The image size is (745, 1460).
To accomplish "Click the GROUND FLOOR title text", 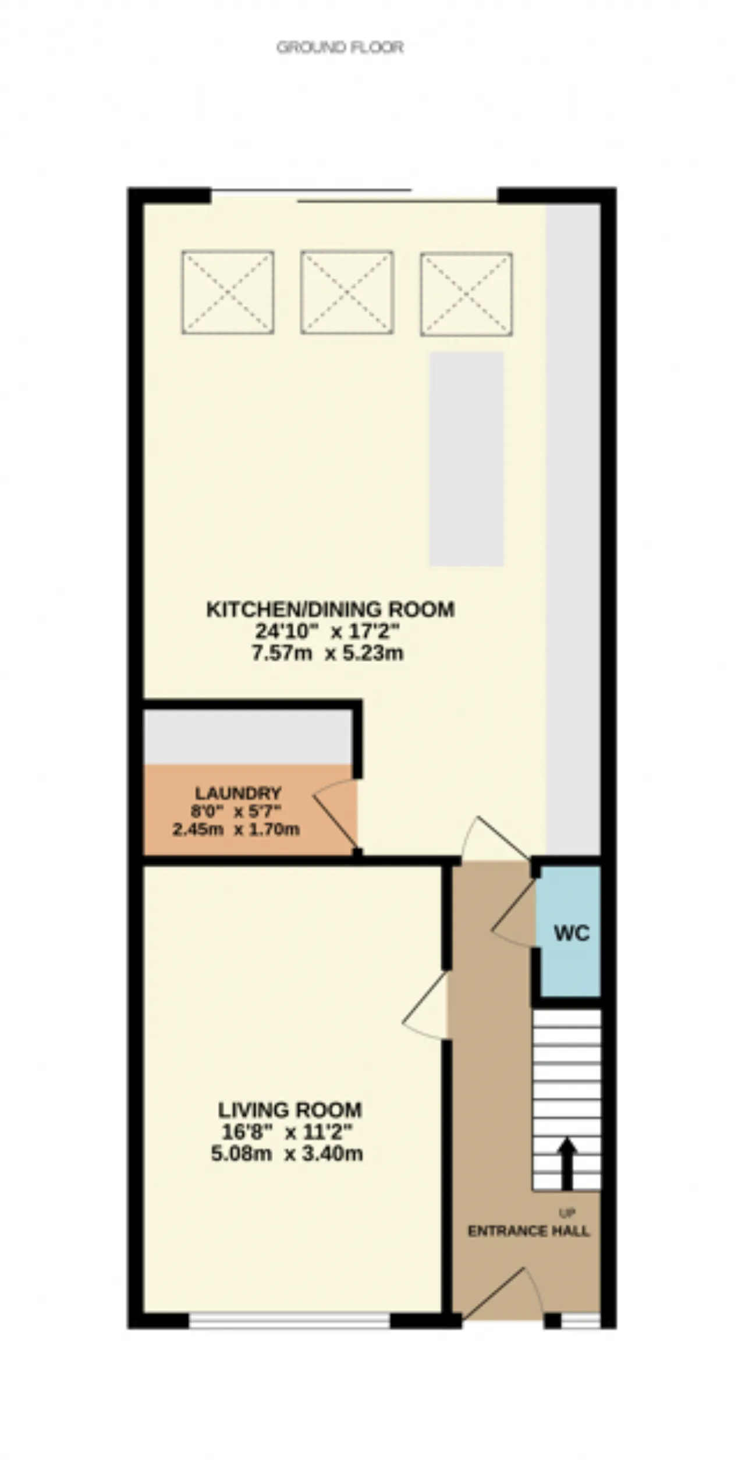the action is [340, 47].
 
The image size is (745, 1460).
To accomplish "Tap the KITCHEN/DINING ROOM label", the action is [331, 609].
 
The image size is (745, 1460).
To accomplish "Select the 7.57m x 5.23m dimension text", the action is [328, 653].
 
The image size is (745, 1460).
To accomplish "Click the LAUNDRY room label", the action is [238, 793].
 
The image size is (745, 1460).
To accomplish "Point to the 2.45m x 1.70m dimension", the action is [236, 829].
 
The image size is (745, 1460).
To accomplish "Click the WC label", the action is [572, 933].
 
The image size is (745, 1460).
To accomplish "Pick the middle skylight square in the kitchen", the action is [347, 292].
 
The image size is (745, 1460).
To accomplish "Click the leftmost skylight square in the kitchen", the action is [228, 292].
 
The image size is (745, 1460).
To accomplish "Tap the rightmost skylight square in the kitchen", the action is [466, 294].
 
